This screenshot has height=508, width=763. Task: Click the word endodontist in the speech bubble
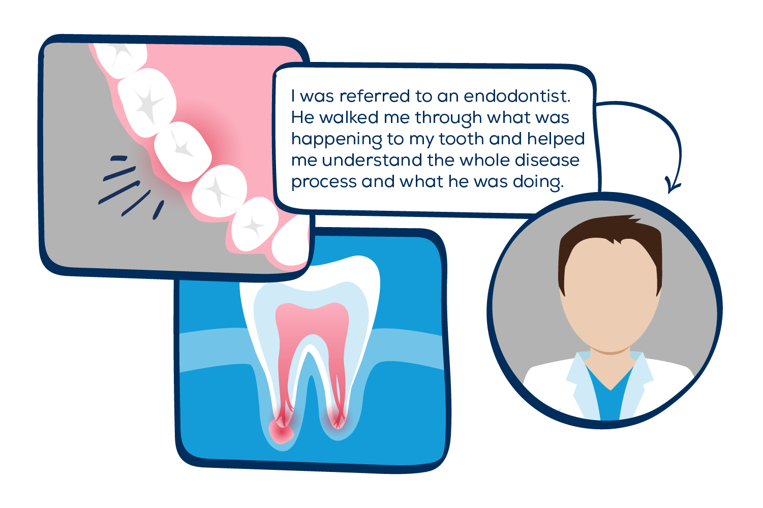point(517,96)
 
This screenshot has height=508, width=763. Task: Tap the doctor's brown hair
point(610,234)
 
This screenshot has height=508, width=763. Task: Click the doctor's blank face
point(610,300)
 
